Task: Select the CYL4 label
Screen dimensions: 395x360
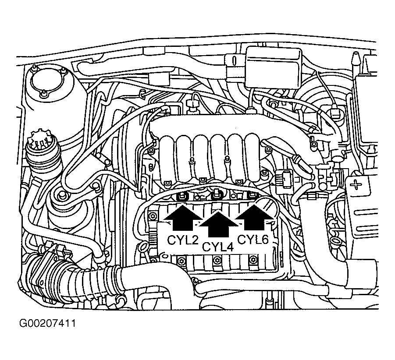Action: click(218, 247)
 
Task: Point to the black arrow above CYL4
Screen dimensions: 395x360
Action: click(218, 224)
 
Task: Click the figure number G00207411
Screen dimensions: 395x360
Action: click(48, 323)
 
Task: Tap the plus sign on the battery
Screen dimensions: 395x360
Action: click(356, 185)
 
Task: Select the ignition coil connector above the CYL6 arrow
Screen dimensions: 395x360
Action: click(252, 195)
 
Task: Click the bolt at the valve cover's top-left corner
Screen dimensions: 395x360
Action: click(153, 216)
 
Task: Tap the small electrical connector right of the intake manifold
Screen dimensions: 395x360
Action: click(284, 180)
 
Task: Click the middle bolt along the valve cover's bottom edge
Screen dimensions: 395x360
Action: click(216, 261)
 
